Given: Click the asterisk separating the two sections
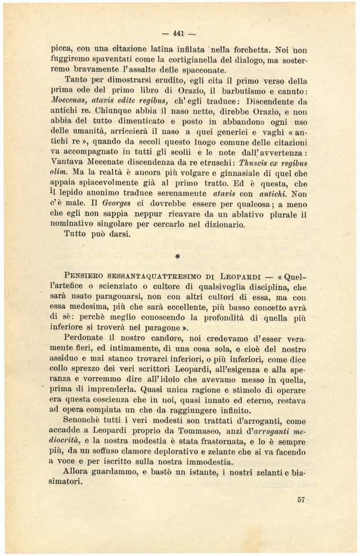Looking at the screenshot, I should tap(178, 257).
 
